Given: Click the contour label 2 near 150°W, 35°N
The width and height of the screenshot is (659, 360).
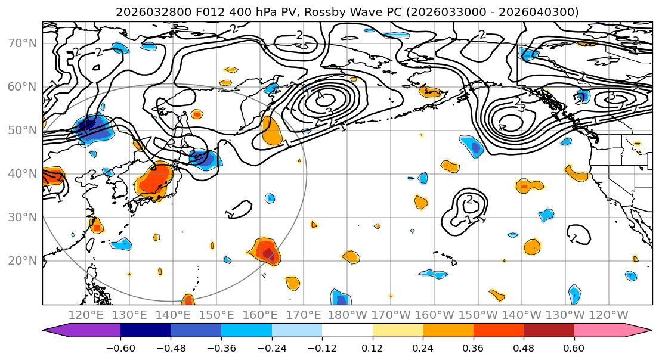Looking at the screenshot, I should [x=469, y=200].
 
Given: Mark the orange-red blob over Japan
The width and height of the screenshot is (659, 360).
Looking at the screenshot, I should [x=154, y=181].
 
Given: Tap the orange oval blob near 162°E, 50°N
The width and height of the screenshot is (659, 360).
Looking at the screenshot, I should [x=272, y=131].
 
